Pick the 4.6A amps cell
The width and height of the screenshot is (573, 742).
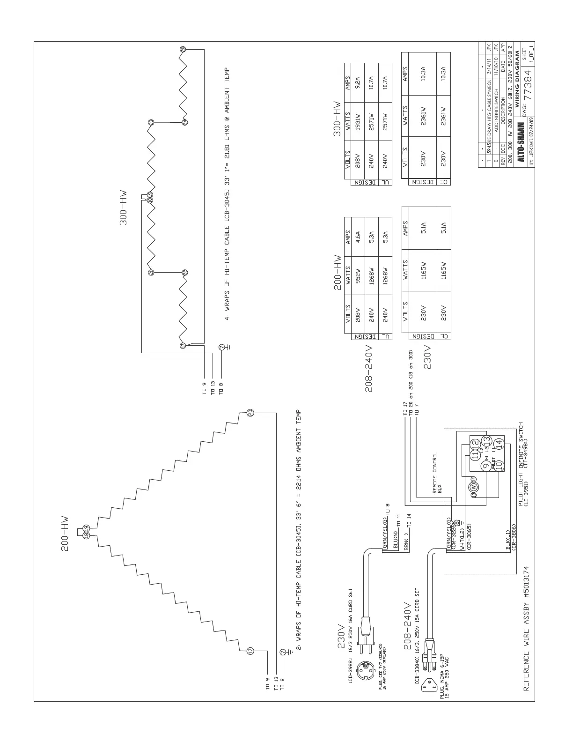358,235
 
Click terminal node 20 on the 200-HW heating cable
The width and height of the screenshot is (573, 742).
250,412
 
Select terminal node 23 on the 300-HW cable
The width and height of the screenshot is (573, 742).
151,123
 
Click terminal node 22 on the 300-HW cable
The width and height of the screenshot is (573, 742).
185,272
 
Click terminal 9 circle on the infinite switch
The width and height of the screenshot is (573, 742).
486,466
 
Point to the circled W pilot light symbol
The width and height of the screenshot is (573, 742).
474,486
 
